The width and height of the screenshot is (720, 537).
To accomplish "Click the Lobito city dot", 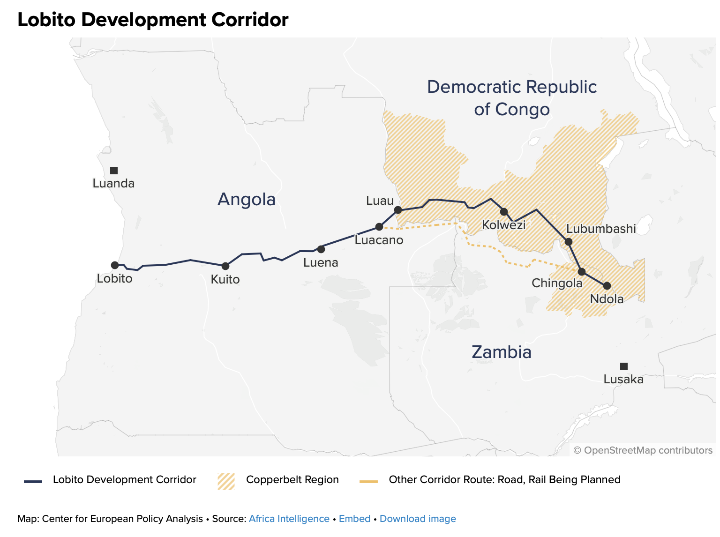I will (x=115, y=265).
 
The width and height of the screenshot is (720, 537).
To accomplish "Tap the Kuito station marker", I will (x=225, y=266).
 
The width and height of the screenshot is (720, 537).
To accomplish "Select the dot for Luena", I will (x=321, y=249).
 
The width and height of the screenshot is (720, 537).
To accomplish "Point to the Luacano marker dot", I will (x=379, y=227).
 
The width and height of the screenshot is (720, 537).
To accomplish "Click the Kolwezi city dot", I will (x=504, y=212).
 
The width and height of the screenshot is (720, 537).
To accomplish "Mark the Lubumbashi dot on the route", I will (x=569, y=242).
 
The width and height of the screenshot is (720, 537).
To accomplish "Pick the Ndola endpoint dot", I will (x=607, y=286).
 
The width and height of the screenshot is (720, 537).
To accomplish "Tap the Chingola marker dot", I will (x=582, y=272).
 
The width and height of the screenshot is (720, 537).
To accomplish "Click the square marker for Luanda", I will (x=114, y=171).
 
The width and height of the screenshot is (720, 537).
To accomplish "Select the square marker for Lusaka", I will (x=624, y=366).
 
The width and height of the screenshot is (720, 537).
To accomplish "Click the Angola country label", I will (x=247, y=200).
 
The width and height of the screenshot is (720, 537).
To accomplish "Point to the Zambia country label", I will (x=502, y=352).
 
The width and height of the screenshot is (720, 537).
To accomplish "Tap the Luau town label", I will (x=380, y=201).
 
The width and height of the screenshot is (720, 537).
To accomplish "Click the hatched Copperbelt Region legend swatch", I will (x=226, y=481).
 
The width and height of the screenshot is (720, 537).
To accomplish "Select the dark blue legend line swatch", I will (x=33, y=481).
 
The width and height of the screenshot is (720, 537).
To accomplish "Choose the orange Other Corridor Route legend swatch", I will (x=368, y=481).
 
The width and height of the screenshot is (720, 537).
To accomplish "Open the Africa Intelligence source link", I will (x=289, y=519).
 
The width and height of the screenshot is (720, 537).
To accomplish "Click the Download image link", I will (x=418, y=519).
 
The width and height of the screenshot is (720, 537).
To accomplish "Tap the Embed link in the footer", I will (x=354, y=519).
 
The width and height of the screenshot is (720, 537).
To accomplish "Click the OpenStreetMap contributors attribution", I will (x=643, y=450).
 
